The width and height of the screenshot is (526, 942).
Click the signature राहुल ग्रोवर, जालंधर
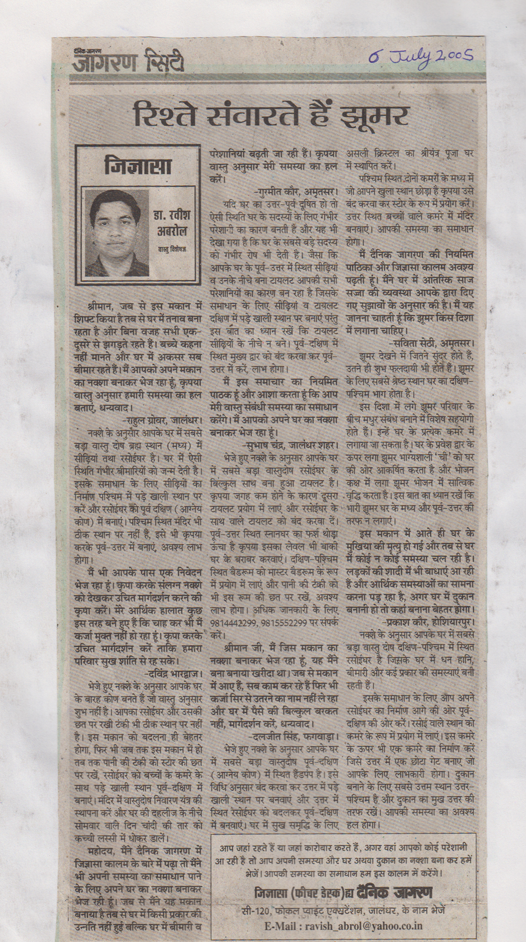pyautogui.click(x=161, y=418)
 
